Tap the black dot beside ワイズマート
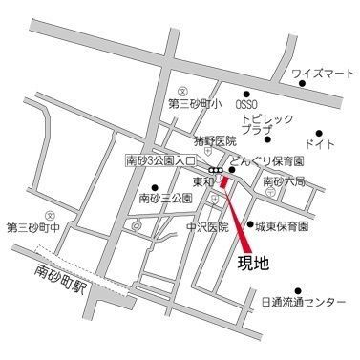click(x=302, y=84)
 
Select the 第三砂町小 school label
click(x=195, y=103)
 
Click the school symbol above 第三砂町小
click(x=169, y=92)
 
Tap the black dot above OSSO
click(x=247, y=94)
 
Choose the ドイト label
click(x=320, y=144)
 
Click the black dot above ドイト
click(x=319, y=133)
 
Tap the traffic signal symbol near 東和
click(x=218, y=170)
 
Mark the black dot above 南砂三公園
click(x=156, y=186)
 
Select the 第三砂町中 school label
click(x=32, y=227)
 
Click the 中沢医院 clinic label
click(x=207, y=228)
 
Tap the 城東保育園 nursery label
click(x=281, y=226)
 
